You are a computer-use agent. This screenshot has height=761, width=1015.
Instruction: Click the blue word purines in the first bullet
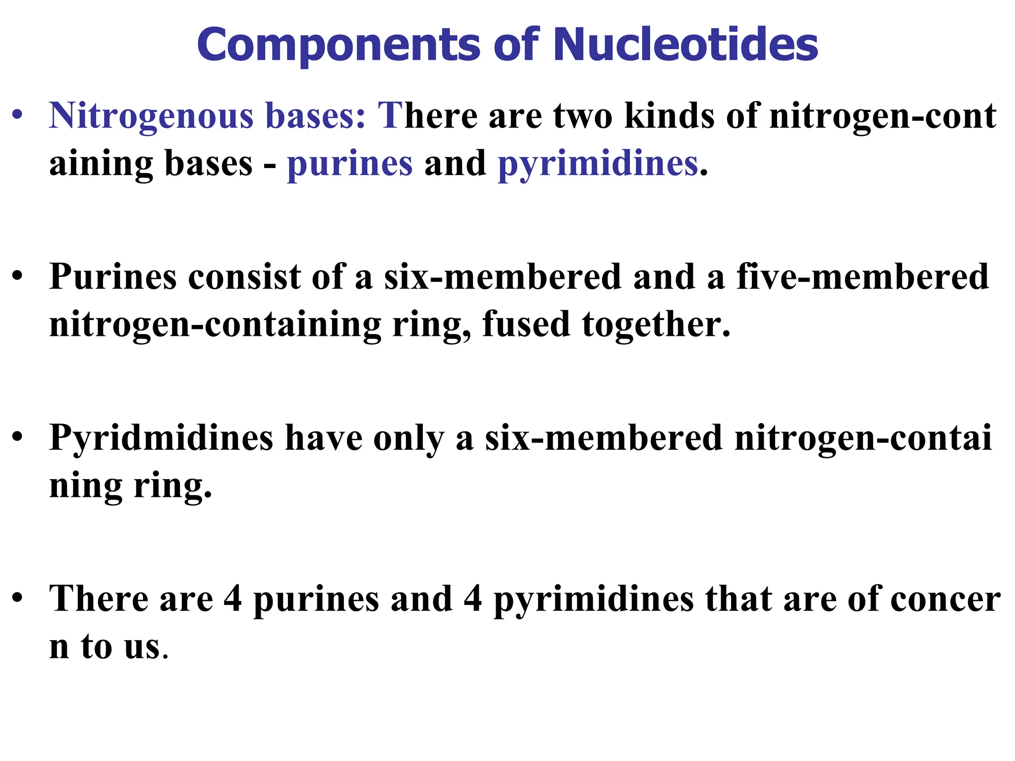point(349,164)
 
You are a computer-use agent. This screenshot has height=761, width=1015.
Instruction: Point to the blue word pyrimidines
point(598,164)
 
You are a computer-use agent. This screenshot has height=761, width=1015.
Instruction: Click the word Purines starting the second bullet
point(113,276)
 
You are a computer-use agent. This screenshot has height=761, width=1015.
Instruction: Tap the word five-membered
point(862,276)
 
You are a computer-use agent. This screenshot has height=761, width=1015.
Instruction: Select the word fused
point(526,324)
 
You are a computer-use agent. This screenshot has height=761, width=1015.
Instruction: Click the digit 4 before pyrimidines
point(473,598)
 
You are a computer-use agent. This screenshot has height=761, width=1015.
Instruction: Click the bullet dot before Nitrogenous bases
point(18,116)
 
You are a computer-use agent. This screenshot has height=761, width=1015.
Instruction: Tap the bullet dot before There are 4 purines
point(18,598)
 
